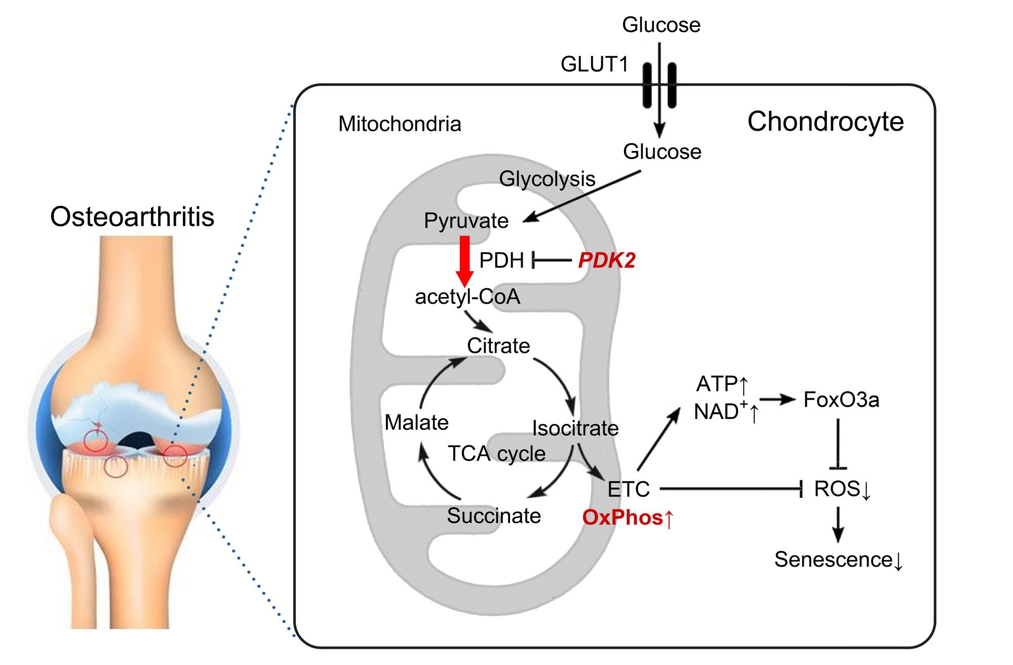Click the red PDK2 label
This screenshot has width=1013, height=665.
[x=607, y=260]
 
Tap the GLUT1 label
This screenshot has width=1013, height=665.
[x=595, y=64]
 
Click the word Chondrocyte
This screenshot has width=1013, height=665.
[x=826, y=122]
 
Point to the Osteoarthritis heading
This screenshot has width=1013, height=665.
[x=132, y=217]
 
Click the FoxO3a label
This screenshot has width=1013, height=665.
[x=841, y=400]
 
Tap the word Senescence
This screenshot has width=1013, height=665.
[x=833, y=560]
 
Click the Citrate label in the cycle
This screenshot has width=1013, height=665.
[x=498, y=346]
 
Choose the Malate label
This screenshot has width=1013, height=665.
[x=416, y=422]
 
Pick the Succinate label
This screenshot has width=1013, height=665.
[x=494, y=516]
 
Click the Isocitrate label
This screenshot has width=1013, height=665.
[x=575, y=428]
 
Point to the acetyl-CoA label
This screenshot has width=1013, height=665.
[x=467, y=297]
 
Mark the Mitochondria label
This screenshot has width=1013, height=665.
[x=400, y=124]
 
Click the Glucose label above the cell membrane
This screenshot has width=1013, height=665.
[x=661, y=25]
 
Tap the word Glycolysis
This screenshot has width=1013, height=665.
[x=547, y=179]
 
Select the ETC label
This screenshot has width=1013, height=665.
[x=629, y=489]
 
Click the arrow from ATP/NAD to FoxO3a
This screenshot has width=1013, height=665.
[x=777, y=400]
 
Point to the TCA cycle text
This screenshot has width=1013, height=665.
[x=496, y=454]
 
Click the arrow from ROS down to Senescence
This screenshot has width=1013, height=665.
[x=838, y=524]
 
